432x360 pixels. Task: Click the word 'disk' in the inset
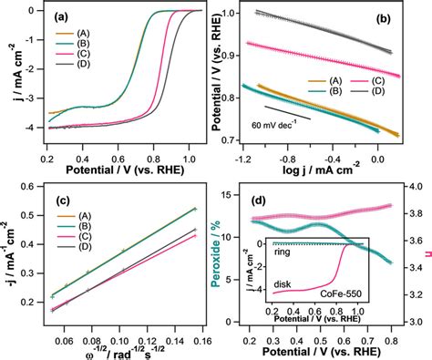275,284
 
